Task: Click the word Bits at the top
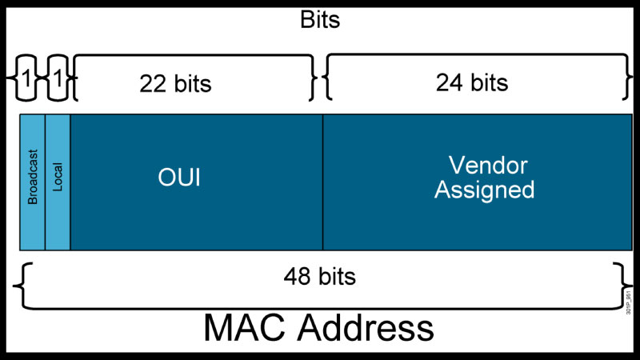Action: coord(319,19)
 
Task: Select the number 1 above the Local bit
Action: coord(57,80)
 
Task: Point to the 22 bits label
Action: coord(175,83)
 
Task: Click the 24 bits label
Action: coord(472,82)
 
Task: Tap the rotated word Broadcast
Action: coord(33,176)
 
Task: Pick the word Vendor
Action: coord(488,166)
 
